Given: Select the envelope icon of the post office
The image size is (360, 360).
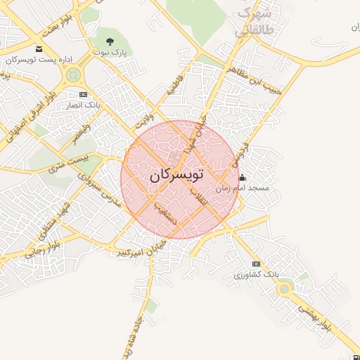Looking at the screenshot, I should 38,49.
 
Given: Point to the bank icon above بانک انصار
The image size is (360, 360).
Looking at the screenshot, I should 83,94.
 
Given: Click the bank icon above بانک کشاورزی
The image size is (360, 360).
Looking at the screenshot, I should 255,264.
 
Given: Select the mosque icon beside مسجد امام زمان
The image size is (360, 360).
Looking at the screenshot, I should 243,177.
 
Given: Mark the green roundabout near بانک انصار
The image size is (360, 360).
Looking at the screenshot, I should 74,75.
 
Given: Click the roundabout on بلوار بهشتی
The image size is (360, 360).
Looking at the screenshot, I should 284,288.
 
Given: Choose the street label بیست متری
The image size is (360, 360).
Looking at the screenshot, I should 67,166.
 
